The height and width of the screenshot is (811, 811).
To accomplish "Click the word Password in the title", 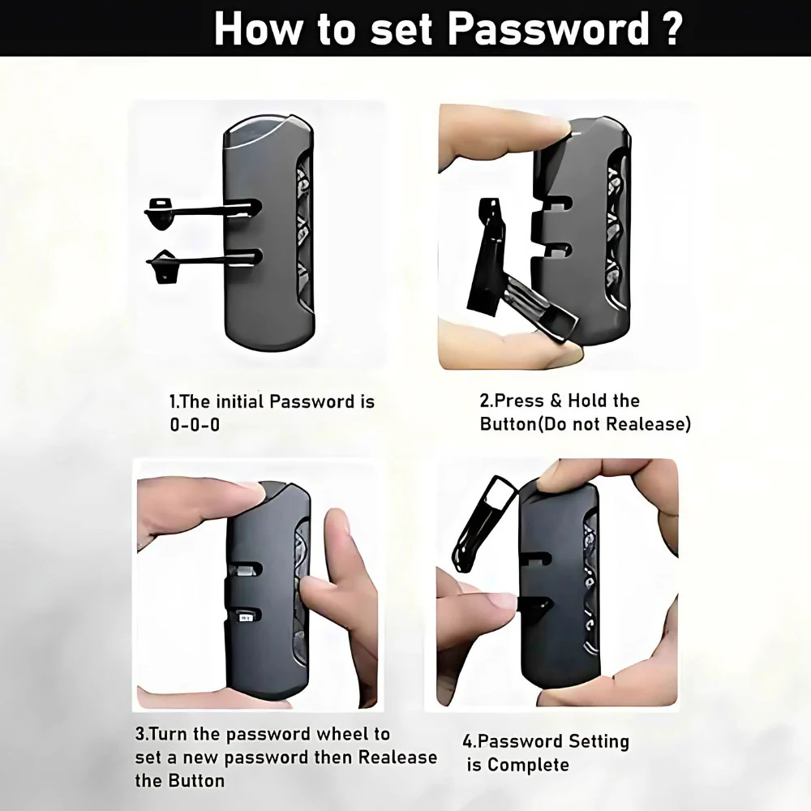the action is coord(548,28).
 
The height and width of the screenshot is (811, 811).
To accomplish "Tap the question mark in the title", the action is coord(672,28).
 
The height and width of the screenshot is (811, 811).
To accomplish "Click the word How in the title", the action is coord(257,28).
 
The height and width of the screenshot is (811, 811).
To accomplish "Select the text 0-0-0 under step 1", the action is coord(195,425).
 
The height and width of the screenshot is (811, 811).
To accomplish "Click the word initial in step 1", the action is coord(240,402).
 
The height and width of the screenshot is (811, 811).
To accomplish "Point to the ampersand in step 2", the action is coord(556,401).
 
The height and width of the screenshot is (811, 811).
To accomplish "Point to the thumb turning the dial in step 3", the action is coord(331,585).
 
